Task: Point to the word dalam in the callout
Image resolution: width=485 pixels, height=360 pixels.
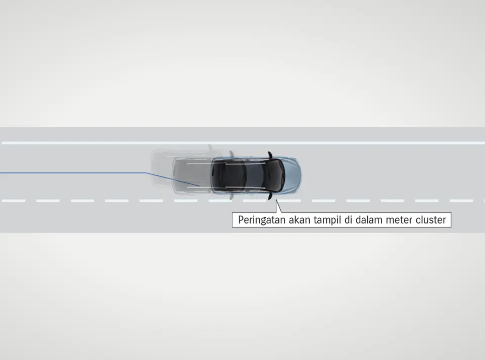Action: (372, 220)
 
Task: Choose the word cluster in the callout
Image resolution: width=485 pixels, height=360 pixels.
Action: (431, 220)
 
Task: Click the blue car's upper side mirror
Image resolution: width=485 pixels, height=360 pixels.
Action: (270, 154)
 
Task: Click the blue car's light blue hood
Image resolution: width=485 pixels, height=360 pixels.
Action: (292, 175)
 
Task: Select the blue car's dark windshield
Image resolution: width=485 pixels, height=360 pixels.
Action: (277, 175)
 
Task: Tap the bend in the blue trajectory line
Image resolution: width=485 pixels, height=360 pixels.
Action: (147, 173)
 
